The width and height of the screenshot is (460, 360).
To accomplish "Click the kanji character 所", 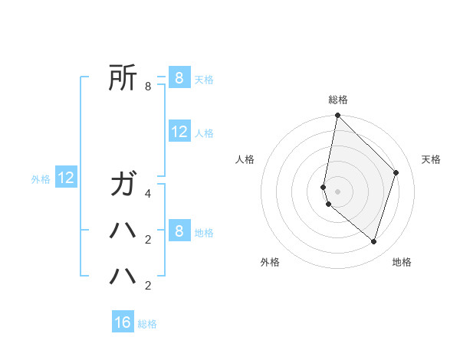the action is tap(124, 77).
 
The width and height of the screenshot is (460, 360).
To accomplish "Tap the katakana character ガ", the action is tap(124, 185).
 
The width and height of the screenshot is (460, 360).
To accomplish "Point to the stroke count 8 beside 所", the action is tap(148, 87).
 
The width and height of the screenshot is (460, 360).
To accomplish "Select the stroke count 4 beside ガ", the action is tap(148, 194).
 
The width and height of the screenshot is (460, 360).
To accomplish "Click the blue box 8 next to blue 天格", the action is tap(179, 77).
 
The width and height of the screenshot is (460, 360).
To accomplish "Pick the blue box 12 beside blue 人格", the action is tap(179, 131).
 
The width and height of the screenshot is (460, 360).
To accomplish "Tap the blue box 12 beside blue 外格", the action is tap(67, 178).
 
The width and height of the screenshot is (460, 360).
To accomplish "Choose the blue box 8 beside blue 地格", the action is tap(179, 231).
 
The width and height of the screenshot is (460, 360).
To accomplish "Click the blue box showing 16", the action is tap(123, 322).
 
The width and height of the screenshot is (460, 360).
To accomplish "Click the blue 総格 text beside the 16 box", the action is tap(148, 324).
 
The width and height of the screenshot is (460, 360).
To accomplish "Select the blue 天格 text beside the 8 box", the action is tap(204, 80).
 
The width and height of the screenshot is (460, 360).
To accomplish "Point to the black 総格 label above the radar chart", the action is tap(338, 100).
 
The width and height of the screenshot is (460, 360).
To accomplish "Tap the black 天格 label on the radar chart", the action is tap(431, 159).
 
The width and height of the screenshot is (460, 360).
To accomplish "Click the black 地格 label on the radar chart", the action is tap(402, 262).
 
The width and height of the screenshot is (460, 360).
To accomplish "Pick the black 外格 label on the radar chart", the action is tap(270, 262).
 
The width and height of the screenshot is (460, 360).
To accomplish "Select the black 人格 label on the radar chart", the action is tap(245, 159).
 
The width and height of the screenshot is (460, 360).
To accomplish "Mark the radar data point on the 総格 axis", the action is tap(338, 116).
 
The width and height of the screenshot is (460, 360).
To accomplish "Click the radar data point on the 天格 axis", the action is tap(396, 172).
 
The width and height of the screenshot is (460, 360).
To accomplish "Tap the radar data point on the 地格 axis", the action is tap(373, 241).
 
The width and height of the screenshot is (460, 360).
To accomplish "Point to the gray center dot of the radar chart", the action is tap(338, 191).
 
